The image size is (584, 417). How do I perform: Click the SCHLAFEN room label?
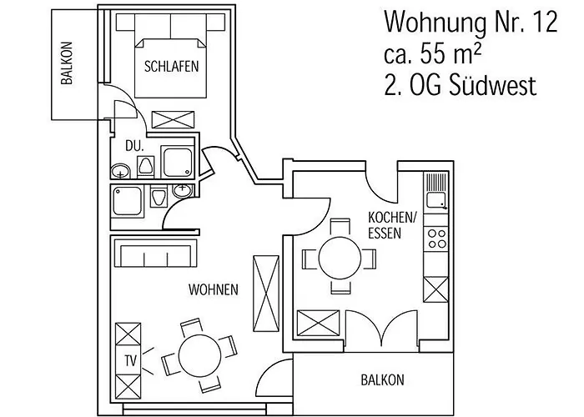click(x=171, y=68)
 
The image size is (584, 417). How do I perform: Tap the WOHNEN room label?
click(x=214, y=290)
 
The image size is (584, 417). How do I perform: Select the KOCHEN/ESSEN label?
click(x=391, y=225)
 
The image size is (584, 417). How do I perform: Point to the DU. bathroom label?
click(x=134, y=145)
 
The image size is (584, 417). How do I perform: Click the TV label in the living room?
click(x=129, y=361)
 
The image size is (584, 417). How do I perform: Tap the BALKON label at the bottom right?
click(x=382, y=380)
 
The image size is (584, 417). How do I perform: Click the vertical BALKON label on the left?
click(x=66, y=64)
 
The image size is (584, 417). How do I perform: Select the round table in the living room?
click(x=198, y=355)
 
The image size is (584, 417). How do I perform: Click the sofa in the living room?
click(x=156, y=254)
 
